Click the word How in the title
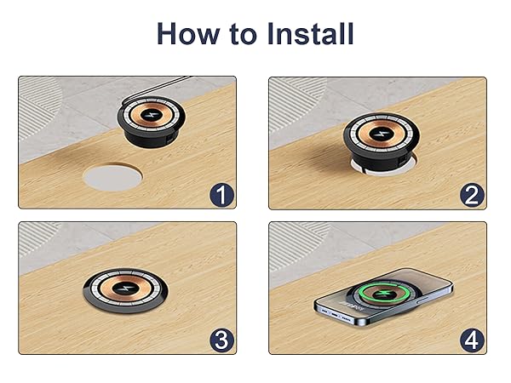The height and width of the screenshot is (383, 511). click(x=188, y=33)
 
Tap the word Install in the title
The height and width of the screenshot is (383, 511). click(x=310, y=33)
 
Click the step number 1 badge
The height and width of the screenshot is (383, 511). click(x=221, y=195)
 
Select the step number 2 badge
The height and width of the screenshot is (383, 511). click(x=472, y=195)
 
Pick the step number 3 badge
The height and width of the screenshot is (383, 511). click(x=221, y=340)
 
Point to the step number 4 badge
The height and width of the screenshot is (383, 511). click(x=472, y=340)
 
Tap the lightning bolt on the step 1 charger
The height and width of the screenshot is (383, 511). click(x=152, y=115)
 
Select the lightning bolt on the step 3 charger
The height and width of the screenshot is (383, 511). click(x=125, y=289)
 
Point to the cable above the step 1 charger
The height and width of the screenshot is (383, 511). click(x=156, y=88)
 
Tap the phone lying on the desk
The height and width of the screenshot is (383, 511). click(x=383, y=296)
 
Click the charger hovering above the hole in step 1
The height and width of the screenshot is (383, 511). click(x=152, y=122)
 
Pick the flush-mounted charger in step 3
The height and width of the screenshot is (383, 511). click(x=125, y=290)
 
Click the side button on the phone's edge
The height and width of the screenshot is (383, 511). click(x=424, y=299)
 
